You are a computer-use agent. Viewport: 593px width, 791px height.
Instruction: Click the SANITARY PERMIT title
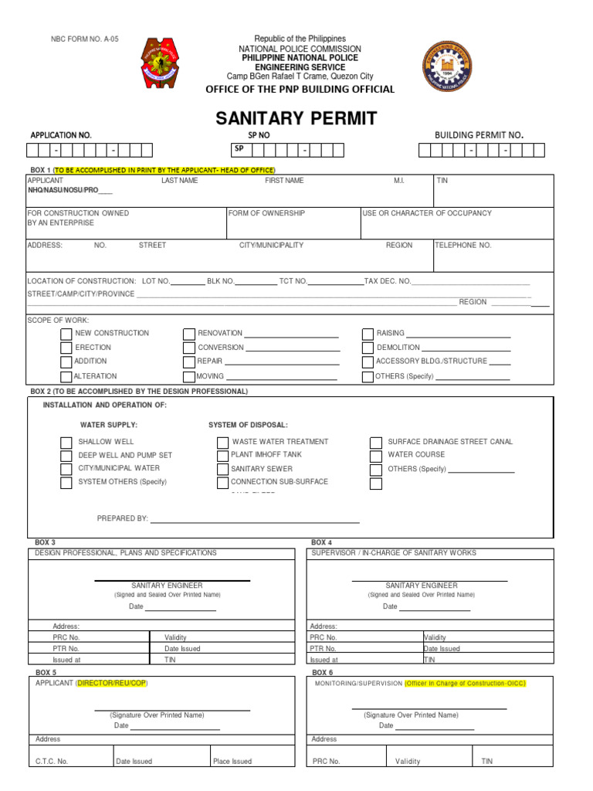[296, 118]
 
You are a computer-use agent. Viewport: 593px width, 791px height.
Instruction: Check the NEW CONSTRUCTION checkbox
[66, 334]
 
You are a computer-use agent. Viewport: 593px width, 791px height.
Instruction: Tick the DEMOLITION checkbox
[368, 348]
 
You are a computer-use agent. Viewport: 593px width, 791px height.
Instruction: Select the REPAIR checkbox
[188, 362]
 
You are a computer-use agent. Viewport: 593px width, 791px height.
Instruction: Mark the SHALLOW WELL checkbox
[66, 443]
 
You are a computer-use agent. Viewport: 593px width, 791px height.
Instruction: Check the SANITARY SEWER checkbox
[223, 470]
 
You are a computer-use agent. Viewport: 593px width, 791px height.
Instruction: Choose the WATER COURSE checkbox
[376, 456]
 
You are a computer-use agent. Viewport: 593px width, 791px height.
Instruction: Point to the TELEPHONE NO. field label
[463, 245]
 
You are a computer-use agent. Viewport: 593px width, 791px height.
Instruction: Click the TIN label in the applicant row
[442, 180]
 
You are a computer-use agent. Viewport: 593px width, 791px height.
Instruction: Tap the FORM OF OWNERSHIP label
[266, 212]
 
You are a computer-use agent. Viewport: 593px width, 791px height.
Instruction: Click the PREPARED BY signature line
[255, 522]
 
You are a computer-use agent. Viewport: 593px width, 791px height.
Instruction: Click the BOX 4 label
[321, 542]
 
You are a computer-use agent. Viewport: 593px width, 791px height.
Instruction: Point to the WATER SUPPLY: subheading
[109, 425]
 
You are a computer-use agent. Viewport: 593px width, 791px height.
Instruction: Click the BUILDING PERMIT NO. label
[479, 135]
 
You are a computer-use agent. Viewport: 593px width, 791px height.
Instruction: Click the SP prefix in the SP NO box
[239, 148]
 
